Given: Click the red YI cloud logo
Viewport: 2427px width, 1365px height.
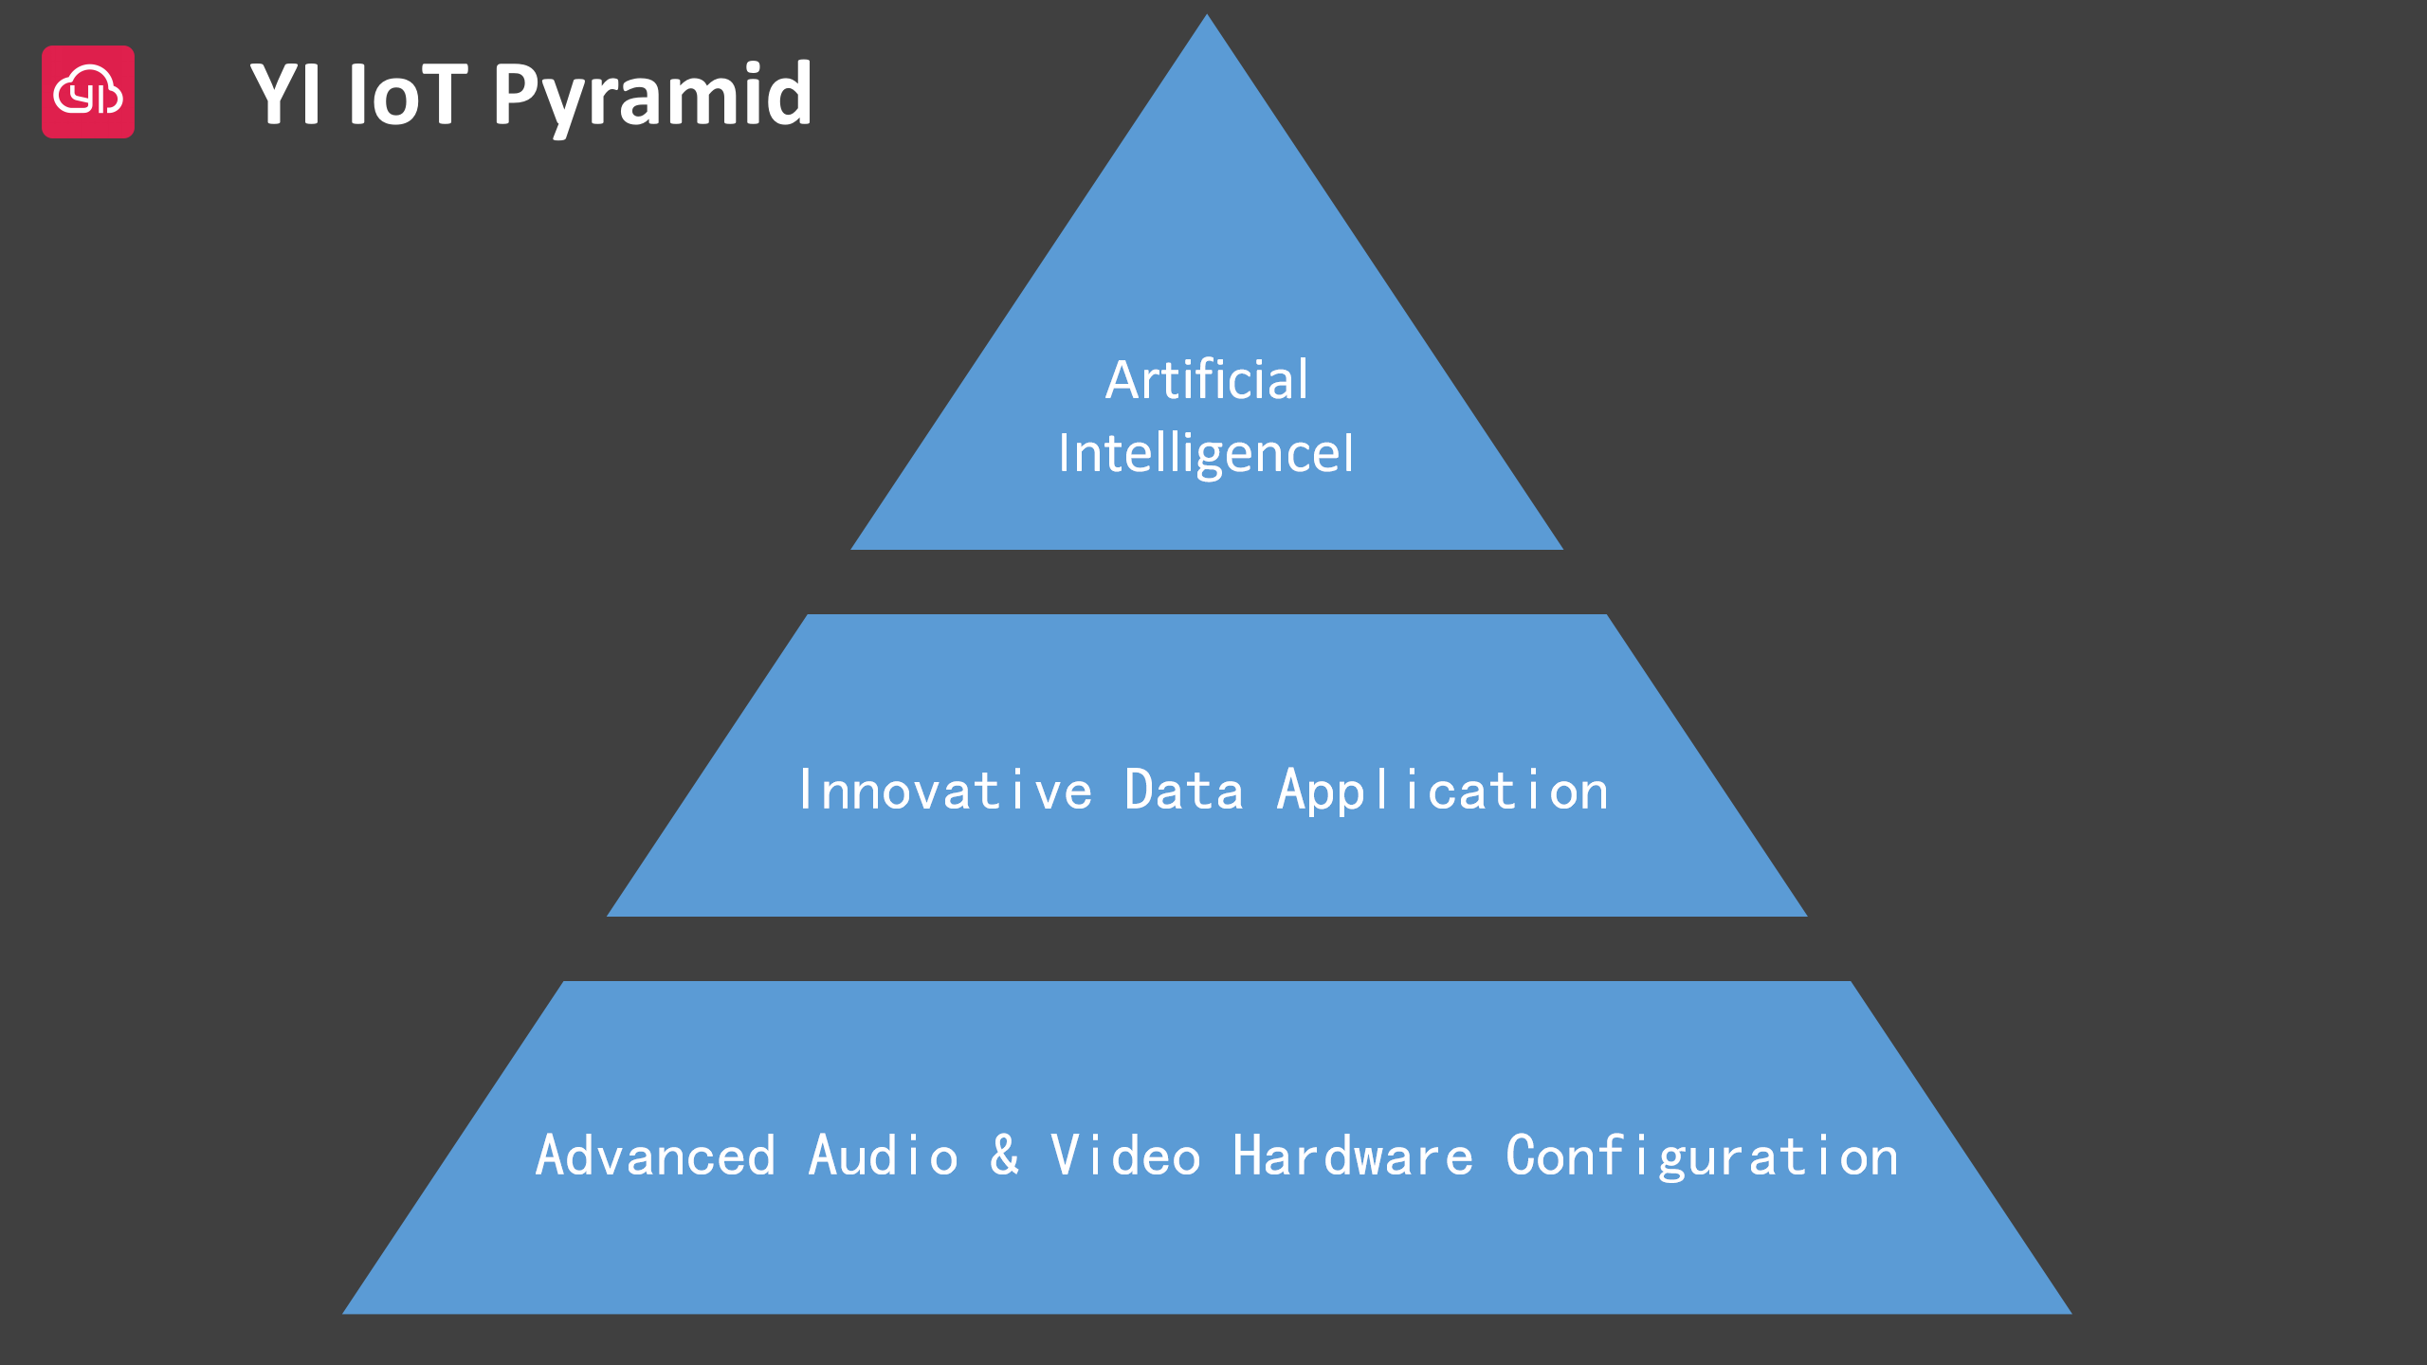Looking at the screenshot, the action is tap(88, 92).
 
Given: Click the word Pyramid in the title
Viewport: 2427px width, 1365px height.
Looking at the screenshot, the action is tap(652, 96).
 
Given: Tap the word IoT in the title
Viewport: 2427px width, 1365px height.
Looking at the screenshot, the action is tap(408, 94).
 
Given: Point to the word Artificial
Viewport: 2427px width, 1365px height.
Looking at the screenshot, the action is tap(1207, 379).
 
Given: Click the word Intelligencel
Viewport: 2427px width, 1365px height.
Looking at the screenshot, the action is tap(1206, 454).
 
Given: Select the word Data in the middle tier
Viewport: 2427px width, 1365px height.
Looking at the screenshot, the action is tap(1183, 791).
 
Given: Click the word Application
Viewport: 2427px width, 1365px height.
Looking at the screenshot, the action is tap(1442, 792).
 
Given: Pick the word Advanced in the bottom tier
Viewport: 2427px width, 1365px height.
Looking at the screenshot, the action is tap(656, 1156).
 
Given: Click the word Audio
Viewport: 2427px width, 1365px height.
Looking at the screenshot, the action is tap(883, 1156).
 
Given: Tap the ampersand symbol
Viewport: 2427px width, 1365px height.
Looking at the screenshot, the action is tap(1005, 1156).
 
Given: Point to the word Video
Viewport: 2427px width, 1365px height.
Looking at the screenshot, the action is tap(1125, 1156).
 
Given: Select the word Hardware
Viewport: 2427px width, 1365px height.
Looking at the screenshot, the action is tap(1353, 1156).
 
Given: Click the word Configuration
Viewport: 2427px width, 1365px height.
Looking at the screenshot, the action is tap(1702, 1157).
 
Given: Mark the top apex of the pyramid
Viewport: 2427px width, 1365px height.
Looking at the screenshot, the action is tap(1207, 14).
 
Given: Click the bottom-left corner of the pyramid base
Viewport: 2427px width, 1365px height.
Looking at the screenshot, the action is tap(342, 1314).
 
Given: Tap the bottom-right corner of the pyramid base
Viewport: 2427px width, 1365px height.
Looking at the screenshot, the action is tap(2072, 1314).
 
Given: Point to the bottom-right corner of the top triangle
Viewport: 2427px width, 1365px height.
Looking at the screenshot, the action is tap(1563, 549).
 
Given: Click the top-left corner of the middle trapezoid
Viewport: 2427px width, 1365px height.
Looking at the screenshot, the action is tap(807, 614).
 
